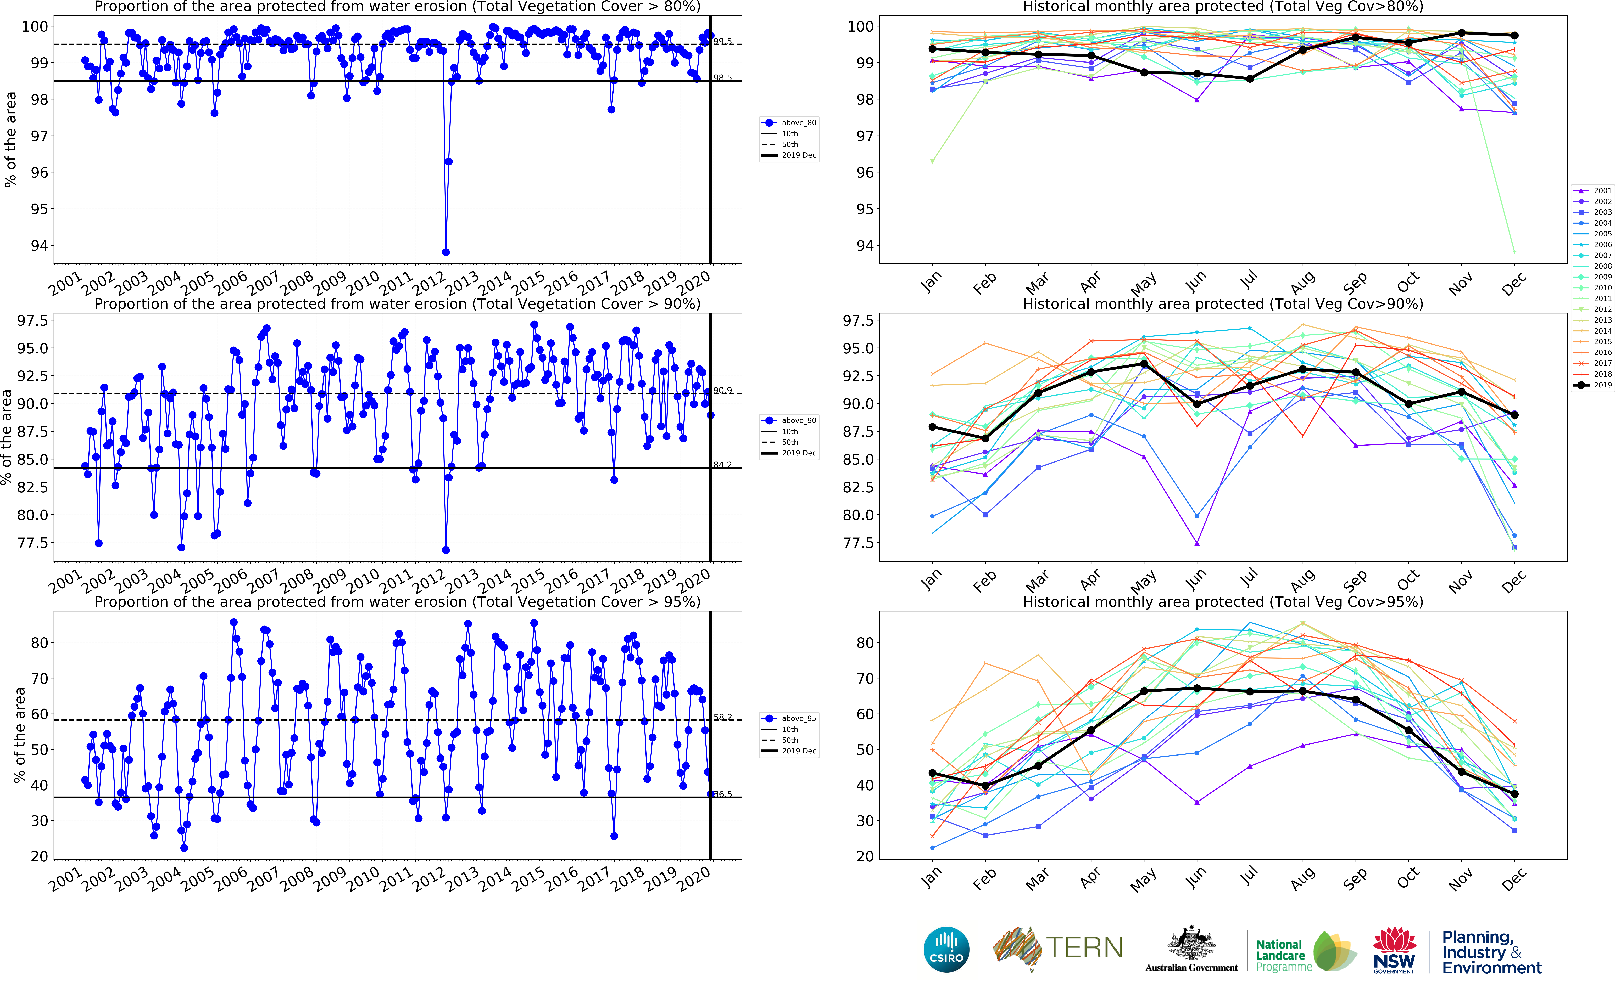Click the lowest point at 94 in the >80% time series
point(445,252)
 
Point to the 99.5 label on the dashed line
point(722,41)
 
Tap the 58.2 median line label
point(722,717)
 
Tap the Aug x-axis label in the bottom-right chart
point(1303,879)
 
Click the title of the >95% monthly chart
point(1223,602)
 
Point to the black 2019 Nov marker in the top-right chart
point(1461,33)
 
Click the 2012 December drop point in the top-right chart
point(1515,252)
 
